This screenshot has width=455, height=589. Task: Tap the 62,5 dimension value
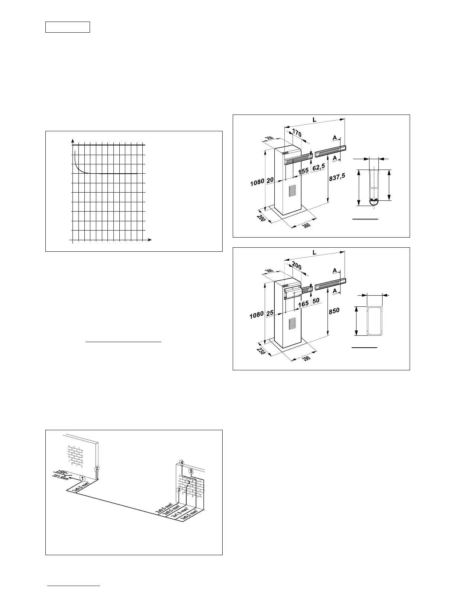(x=319, y=168)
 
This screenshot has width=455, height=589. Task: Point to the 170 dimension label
(x=296, y=133)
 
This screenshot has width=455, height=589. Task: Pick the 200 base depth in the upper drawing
(x=261, y=218)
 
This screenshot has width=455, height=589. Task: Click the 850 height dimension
(x=334, y=311)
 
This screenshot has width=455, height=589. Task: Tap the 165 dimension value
(x=304, y=304)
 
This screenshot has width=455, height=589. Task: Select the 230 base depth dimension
(x=261, y=351)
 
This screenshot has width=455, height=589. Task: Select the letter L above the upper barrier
(x=314, y=120)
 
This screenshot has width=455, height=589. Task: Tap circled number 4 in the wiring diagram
(x=181, y=463)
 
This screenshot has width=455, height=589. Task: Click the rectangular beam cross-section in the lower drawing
(x=374, y=321)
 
